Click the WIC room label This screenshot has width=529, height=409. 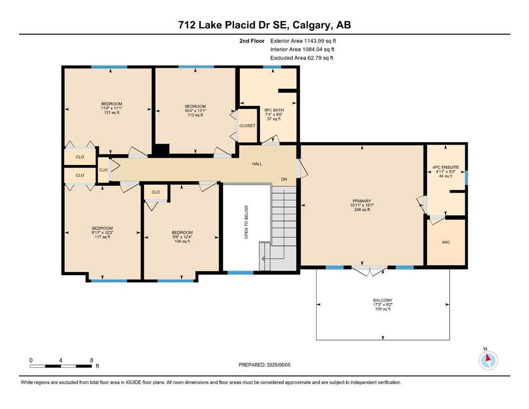coord(446,242)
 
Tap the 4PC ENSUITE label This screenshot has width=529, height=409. coord(445,167)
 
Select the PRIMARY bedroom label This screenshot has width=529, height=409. coord(362,201)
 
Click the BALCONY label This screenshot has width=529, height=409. coord(382,300)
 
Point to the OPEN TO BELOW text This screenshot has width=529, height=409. coord(246,222)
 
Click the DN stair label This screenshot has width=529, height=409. coord(284,179)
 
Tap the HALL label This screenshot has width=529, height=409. coord(257,164)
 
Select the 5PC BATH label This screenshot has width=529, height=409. coord(274,110)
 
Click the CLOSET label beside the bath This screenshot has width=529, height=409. coord(247,126)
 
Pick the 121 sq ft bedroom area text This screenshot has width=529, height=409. coord(112,112)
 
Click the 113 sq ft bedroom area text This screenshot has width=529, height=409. coord(196,115)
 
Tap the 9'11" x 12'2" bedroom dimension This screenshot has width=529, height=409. coord(103,233)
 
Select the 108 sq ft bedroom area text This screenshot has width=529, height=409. coord(182,241)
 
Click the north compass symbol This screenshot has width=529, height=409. coord(488,360)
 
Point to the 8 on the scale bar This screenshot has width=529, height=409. coord(92,360)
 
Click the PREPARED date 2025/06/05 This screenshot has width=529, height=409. coord(279,365)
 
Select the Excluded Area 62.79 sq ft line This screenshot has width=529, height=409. coord(302,58)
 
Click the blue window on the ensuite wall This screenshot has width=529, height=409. coord(467,178)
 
